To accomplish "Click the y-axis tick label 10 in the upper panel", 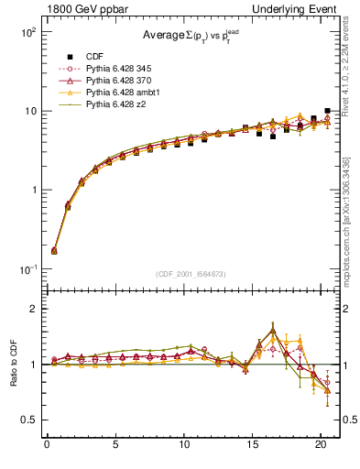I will [27, 111].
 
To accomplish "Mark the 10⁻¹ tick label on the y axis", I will [26, 269].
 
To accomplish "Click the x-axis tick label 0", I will [47, 446].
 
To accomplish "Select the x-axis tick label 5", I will [115, 446].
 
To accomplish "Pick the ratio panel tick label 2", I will [31, 309].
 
